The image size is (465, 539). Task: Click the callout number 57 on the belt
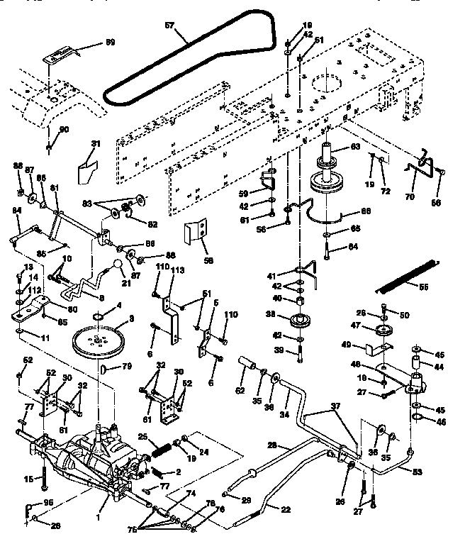point(169,25)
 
